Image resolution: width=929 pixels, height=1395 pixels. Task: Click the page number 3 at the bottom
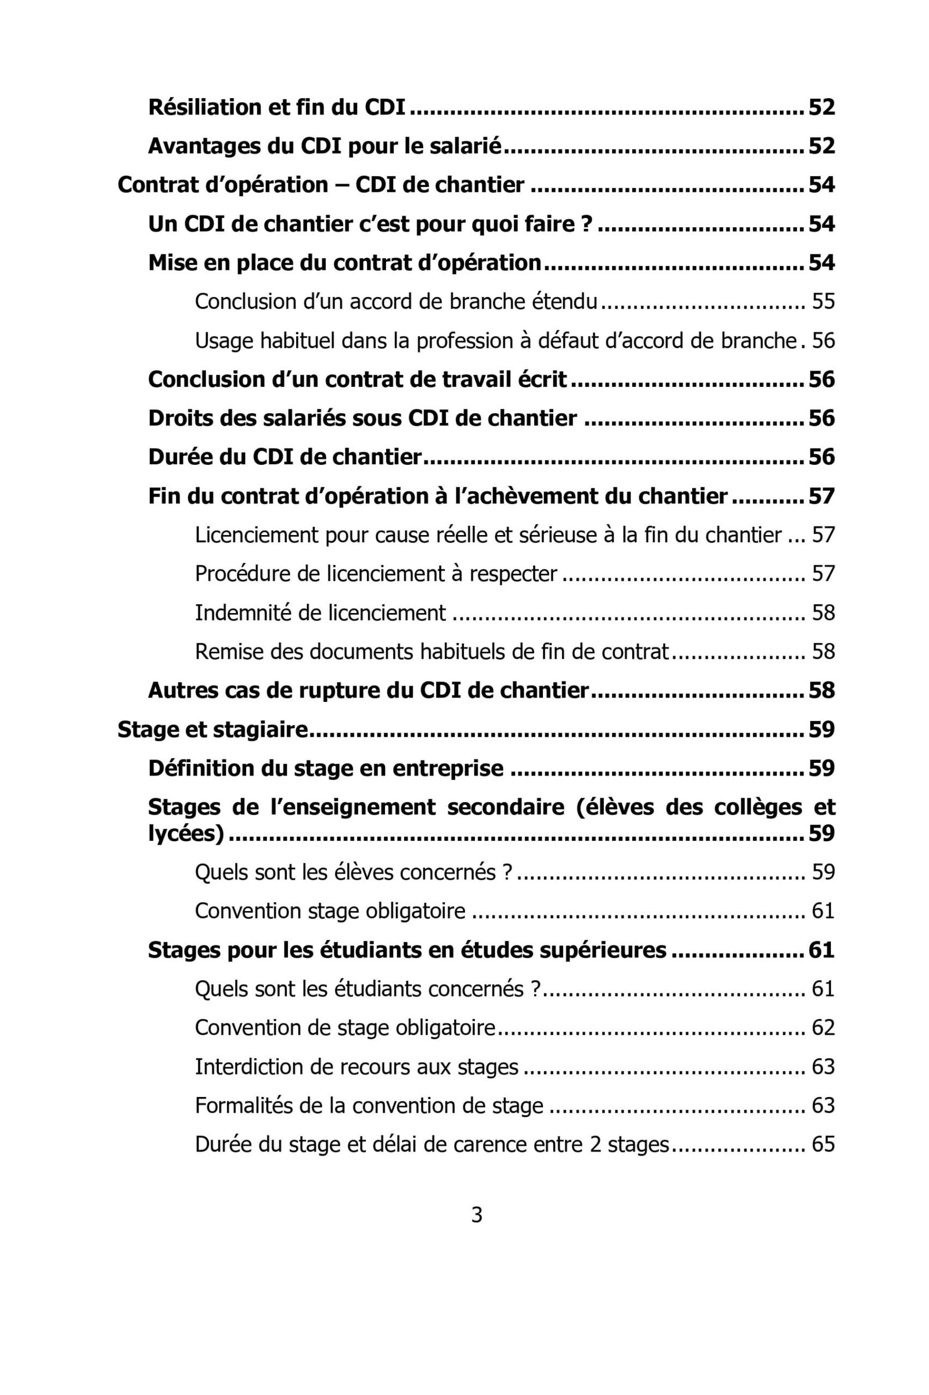click(x=476, y=1215)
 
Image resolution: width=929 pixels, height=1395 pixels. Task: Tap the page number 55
click(x=823, y=301)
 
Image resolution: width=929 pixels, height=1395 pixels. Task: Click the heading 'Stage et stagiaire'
click(x=213, y=729)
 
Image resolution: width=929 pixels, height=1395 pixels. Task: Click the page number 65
click(x=823, y=1143)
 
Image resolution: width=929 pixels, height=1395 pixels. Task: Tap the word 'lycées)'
click(x=186, y=834)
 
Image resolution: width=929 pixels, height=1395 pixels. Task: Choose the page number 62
click(x=823, y=1027)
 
